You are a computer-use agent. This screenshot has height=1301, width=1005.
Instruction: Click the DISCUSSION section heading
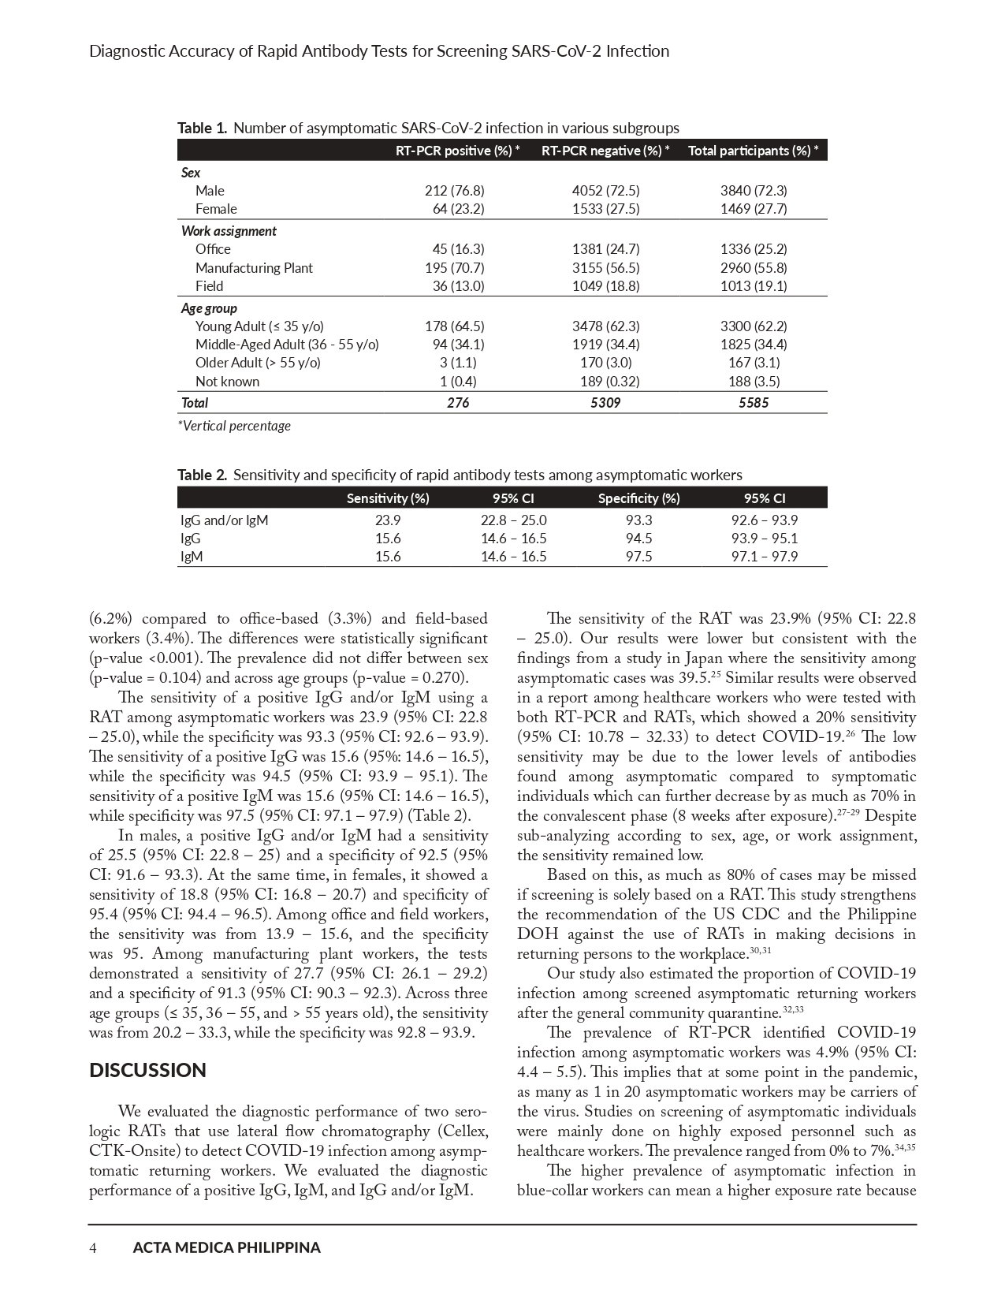tap(147, 1070)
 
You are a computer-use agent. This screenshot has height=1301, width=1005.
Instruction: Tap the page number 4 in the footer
tap(93, 1247)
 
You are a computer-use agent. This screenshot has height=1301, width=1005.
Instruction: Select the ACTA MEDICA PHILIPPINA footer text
tap(227, 1247)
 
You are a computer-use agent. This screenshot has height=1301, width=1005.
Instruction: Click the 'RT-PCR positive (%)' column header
tap(457, 151)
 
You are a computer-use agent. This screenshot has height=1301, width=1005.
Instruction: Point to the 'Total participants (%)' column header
tap(753, 151)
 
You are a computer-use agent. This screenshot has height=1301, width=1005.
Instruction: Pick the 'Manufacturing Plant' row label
tap(254, 267)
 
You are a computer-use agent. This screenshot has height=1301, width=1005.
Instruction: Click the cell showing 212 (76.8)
tap(454, 190)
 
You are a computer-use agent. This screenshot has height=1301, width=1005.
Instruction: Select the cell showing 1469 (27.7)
tap(754, 208)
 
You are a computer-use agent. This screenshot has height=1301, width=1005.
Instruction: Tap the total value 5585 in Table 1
tap(754, 402)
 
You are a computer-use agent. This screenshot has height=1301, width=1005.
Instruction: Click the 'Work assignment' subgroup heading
tap(229, 231)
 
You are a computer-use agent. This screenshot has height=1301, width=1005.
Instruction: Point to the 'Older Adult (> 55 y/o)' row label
tap(258, 363)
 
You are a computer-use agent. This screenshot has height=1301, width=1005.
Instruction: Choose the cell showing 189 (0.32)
tap(605, 382)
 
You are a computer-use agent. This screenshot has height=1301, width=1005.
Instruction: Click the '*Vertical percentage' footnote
tap(234, 426)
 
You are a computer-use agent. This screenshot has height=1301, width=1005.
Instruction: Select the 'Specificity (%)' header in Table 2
tap(638, 498)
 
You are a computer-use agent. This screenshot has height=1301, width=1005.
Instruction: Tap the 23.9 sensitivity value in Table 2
tap(388, 520)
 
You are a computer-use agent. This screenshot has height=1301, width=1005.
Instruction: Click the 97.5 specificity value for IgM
tap(638, 556)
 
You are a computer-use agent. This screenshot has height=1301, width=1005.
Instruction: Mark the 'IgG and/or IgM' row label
tap(225, 520)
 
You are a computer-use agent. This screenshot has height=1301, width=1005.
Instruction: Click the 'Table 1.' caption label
tap(202, 128)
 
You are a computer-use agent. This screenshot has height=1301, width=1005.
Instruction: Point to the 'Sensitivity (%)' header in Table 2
tap(388, 498)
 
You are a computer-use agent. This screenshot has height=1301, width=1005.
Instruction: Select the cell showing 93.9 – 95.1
tap(765, 538)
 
